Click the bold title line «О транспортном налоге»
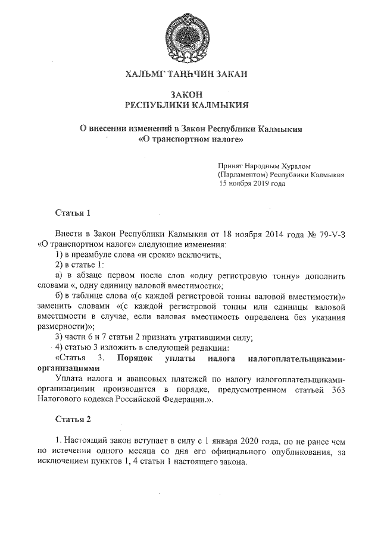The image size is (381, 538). click(191, 140)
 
